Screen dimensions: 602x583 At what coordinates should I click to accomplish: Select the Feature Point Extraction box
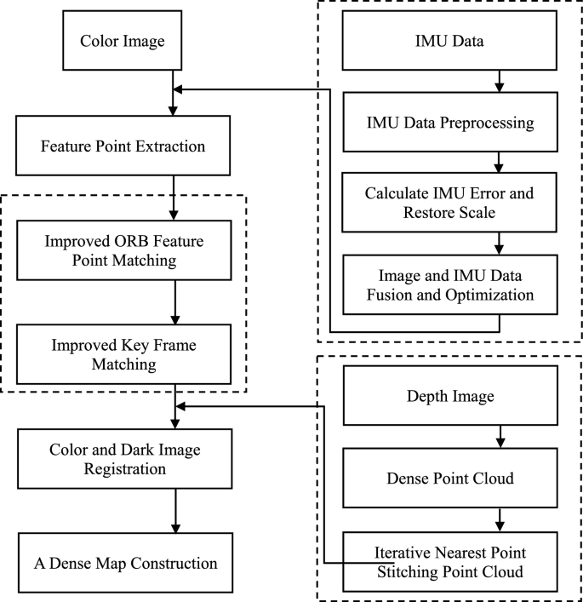point(123,146)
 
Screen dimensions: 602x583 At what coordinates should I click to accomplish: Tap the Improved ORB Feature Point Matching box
point(123,250)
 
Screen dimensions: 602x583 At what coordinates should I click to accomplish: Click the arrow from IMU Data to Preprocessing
point(500,82)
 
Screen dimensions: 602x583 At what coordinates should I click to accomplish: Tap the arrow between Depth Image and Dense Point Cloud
point(500,438)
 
